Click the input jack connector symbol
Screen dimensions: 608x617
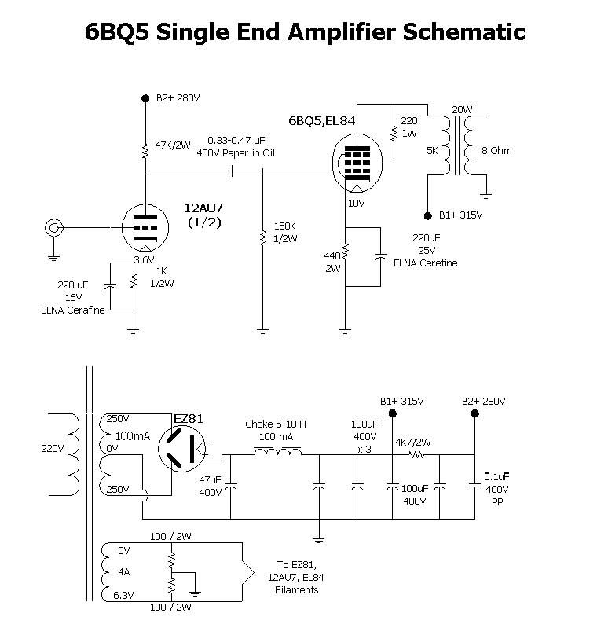(x=54, y=227)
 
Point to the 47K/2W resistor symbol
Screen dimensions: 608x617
(x=145, y=151)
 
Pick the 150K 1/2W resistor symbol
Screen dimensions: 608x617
(x=262, y=237)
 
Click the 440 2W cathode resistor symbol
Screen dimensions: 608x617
(x=346, y=252)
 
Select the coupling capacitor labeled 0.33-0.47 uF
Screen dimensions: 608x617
(x=231, y=171)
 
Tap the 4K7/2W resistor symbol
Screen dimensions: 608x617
(x=416, y=455)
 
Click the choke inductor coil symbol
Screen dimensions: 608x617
(x=277, y=451)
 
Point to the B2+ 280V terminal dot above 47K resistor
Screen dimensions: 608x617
(x=145, y=98)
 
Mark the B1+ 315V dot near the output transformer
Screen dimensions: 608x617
(x=428, y=215)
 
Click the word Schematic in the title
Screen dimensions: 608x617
(x=464, y=31)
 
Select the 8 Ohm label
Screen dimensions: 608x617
(x=496, y=150)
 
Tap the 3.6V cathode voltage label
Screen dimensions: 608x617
(x=144, y=259)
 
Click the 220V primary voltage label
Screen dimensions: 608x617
(x=53, y=448)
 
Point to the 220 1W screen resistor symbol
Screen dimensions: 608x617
(x=394, y=133)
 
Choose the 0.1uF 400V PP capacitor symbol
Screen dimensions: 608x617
(x=474, y=486)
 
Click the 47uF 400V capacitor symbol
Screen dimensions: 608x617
(x=230, y=486)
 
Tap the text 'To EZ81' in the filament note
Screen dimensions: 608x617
(x=296, y=564)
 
